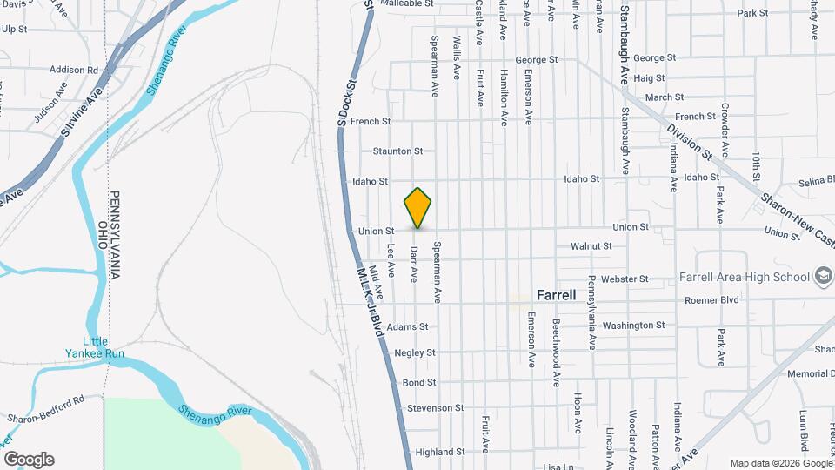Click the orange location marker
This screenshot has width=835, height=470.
coord(418,207)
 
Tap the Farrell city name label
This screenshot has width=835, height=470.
coord(556,295)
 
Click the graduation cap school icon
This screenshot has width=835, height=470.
coord(822,277)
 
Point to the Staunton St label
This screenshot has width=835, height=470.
coord(397,151)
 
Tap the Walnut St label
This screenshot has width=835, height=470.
coord(591,246)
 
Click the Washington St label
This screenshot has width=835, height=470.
coord(633,326)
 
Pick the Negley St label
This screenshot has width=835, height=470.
coord(414,353)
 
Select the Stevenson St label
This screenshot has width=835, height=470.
coord(435,408)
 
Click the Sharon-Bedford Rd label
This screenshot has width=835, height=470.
coord(45,409)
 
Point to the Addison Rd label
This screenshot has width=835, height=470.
coord(74,70)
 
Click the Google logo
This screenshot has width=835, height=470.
coord(29,460)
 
